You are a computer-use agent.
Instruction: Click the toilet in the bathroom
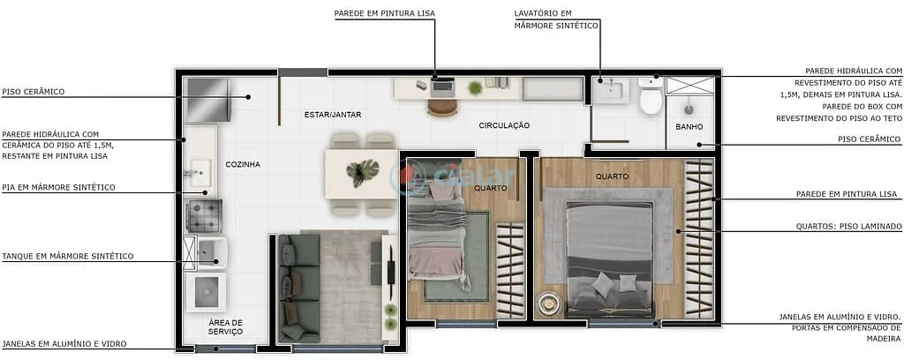click(x=651, y=98)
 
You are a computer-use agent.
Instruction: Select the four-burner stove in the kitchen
click(x=203, y=215)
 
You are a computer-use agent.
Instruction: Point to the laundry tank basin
click(x=209, y=252)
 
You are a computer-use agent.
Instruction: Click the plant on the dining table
click(x=361, y=171)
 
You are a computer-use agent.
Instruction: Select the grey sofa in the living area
click(x=297, y=287)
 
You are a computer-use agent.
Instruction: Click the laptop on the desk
click(x=441, y=86)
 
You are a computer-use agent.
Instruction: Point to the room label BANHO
click(x=689, y=127)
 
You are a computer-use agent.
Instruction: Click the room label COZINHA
click(x=243, y=164)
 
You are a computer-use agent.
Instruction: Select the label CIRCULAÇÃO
click(x=504, y=125)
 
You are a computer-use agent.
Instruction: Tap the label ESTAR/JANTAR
click(x=333, y=115)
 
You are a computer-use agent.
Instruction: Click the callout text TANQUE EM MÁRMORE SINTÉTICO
click(x=68, y=256)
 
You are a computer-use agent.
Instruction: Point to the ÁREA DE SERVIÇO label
click(x=225, y=326)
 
